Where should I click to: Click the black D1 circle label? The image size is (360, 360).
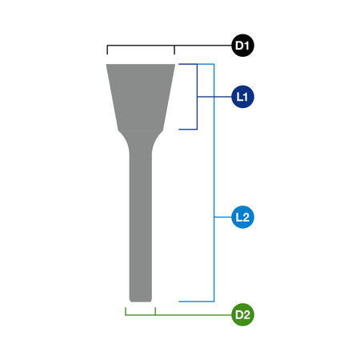point(242,46)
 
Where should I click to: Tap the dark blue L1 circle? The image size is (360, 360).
point(242,97)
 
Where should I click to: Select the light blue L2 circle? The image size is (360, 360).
point(242,217)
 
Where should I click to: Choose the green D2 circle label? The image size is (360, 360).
point(242,314)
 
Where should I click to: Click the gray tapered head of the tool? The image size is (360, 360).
point(141,98)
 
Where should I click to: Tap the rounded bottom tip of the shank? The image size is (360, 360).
point(141,300)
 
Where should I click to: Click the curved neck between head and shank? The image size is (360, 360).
point(141,142)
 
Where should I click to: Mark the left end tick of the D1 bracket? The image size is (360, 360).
point(107,50)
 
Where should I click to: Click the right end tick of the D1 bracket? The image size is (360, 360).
point(174,50)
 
